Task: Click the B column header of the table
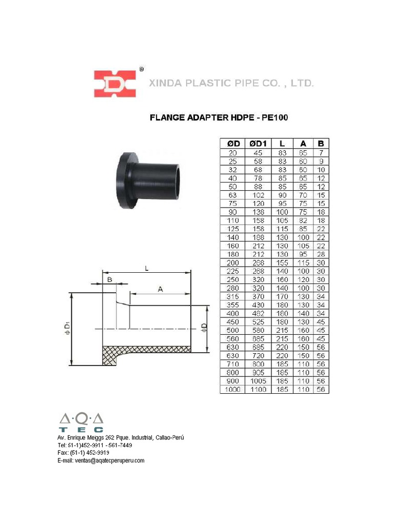(x=321, y=144)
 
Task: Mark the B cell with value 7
(x=321, y=152)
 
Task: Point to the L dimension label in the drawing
(x=147, y=268)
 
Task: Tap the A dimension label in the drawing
(x=160, y=290)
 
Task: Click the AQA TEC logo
(x=81, y=422)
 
